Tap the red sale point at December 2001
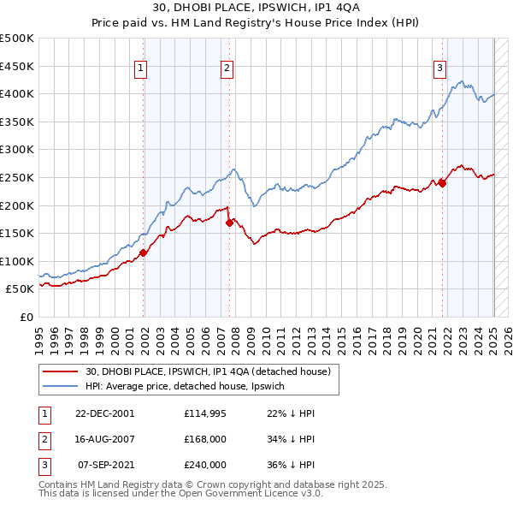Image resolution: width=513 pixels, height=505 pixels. click(144, 253)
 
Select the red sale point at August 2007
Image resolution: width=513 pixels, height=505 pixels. click(230, 223)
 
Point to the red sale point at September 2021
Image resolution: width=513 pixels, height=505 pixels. click(443, 182)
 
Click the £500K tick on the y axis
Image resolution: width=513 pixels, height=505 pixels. click(17, 39)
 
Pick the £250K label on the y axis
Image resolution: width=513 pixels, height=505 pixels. click(17, 177)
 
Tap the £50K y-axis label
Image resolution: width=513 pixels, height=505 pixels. click(21, 289)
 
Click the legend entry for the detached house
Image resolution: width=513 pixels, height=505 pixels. click(213, 371)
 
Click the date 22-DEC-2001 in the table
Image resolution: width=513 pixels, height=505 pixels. click(104, 413)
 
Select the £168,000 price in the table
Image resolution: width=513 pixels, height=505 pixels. click(205, 439)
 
